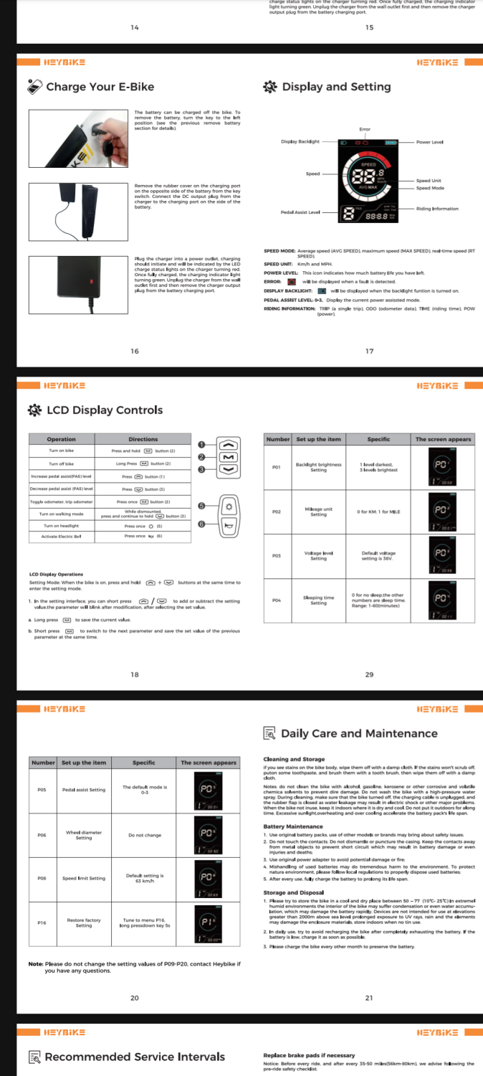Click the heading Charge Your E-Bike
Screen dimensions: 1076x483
[100, 87]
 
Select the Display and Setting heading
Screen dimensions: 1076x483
[336, 87]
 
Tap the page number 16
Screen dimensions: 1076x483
[135, 351]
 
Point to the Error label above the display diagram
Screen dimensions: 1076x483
[365, 129]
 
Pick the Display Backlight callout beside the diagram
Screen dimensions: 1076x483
[300, 142]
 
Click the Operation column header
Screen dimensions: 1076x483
[61, 439]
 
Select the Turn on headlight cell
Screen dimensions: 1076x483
[61, 526]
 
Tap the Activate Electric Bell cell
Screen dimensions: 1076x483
[61, 536]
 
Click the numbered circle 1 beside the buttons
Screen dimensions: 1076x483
[201, 444]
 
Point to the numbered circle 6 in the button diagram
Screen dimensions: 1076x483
[201, 524]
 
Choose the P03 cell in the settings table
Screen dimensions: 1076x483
[275, 555]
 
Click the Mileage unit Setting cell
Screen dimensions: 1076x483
[318, 511]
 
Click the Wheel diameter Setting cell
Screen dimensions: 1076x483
[84, 835]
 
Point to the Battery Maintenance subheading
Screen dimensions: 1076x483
[293, 826]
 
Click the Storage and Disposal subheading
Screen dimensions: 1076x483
[295, 893]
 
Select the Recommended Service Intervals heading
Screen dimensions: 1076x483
[135, 1057]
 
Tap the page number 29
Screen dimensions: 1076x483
[369, 674]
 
